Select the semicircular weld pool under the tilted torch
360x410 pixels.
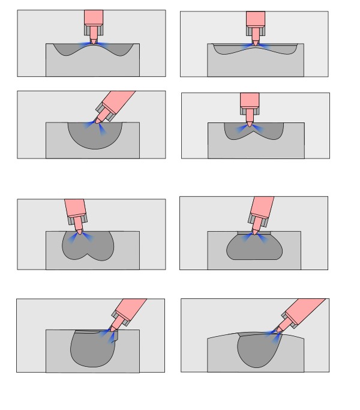pyautogui.click(x=94, y=136)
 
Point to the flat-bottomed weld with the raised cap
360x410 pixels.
pyautogui.click(x=254, y=247)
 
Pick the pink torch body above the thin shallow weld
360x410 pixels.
pyautogui.click(x=255, y=18)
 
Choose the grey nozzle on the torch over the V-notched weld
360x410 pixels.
pyautogui.click(x=250, y=111)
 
